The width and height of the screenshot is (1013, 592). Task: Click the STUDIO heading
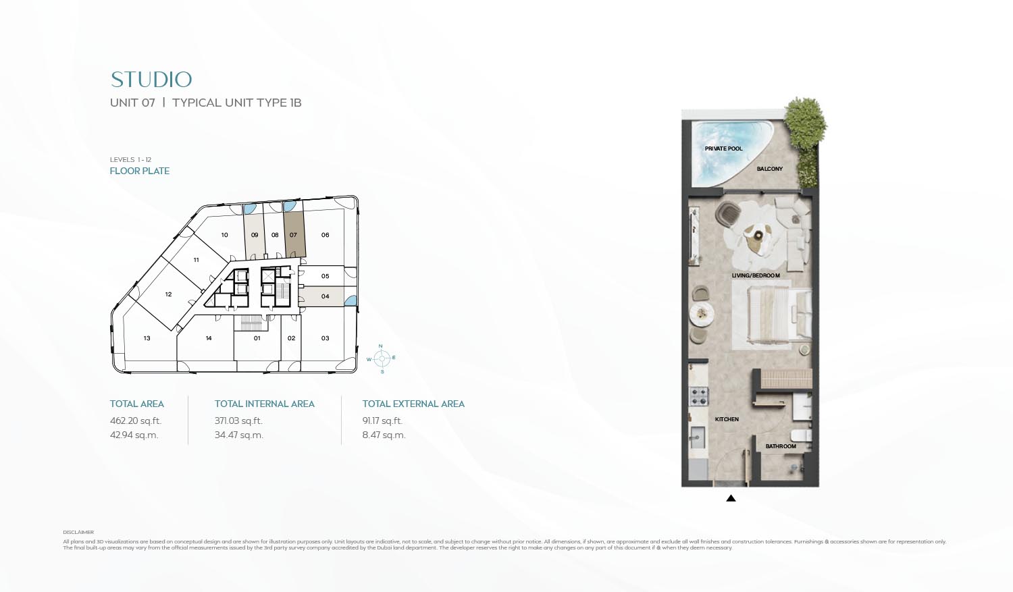151,80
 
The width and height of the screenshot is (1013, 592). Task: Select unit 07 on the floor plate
293,235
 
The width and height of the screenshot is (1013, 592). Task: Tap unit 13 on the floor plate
147,338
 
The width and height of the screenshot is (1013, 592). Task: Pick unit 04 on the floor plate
325,296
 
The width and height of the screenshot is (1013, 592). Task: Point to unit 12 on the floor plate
168,294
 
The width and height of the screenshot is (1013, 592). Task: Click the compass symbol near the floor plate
382,358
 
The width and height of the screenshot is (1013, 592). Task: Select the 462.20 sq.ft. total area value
136,421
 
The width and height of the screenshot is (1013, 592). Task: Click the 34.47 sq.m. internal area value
238,435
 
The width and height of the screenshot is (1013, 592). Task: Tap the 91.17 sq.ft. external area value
382,421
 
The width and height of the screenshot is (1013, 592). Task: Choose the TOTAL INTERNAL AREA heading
264,404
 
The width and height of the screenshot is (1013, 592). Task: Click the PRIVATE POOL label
723,149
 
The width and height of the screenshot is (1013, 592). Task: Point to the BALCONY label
769,169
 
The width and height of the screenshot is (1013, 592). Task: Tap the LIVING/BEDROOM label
756,275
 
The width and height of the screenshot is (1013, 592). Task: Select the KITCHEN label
727,419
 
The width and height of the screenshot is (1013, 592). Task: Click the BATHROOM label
780,446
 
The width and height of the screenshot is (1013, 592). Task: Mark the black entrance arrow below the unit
731,498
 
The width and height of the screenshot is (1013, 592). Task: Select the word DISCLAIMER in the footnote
78,533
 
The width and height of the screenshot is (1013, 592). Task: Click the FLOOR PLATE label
140,171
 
